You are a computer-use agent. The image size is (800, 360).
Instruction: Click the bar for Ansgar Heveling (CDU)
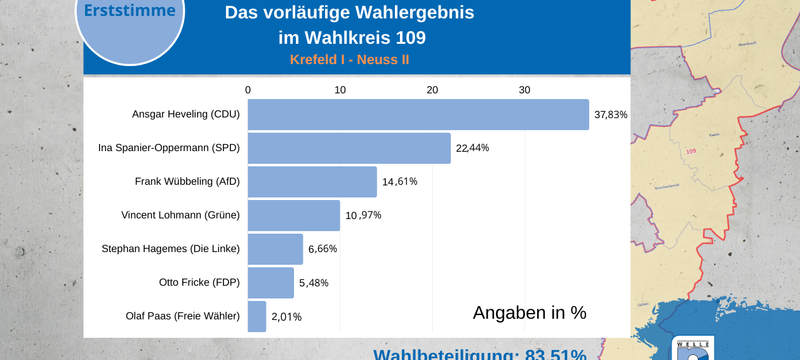point(418,115)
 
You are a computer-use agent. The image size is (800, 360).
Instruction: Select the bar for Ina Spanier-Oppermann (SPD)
point(349,149)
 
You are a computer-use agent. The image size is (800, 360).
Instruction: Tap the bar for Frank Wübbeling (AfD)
point(312,182)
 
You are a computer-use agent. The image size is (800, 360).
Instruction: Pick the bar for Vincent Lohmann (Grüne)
point(293,215)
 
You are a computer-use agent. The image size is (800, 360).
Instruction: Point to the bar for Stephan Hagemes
point(275,249)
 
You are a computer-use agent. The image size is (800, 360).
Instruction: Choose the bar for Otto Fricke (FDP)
point(270,283)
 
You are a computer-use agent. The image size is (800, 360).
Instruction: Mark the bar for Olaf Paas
point(257,316)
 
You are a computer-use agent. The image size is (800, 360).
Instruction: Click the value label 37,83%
point(610,115)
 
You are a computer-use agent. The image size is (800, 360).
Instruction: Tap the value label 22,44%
point(472,149)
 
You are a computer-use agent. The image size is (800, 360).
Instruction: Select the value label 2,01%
point(286,317)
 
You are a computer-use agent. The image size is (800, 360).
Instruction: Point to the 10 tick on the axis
point(340,90)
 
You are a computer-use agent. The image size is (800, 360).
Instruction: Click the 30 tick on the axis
point(524,90)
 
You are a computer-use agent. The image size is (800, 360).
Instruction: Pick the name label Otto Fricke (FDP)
point(199,283)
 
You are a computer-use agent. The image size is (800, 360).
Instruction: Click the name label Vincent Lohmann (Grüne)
point(180,215)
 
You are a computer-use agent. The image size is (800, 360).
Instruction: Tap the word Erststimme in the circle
point(130,11)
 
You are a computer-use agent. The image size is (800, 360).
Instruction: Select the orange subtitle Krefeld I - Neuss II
point(349,60)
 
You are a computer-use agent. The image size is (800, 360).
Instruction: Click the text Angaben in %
point(530,312)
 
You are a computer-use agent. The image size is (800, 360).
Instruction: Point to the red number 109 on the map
point(691,151)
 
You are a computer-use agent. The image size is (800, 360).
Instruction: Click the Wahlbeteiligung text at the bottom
point(479,354)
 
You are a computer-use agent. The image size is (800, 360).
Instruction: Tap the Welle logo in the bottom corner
point(692,349)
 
